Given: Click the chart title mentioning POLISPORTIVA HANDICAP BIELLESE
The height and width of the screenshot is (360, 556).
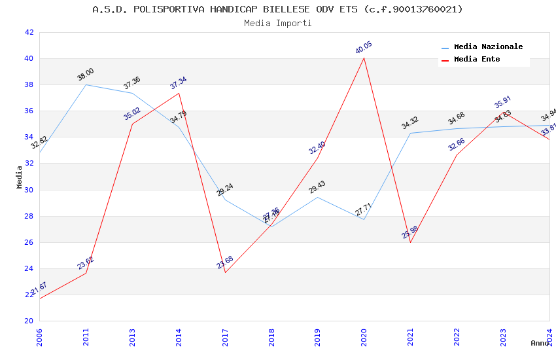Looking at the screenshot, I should click(x=277, y=9).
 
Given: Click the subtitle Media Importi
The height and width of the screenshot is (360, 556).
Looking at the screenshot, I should click(x=277, y=24).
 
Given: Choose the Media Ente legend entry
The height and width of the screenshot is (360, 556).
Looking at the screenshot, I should click(x=477, y=60).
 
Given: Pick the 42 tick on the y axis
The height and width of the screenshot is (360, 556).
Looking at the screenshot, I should click(x=29, y=33).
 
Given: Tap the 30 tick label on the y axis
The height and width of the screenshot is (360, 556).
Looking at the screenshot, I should click(x=29, y=190).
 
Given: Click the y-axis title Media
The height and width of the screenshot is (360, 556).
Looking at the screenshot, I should click(x=20, y=177).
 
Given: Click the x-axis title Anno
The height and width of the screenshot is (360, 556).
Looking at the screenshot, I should click(x=539, y=343).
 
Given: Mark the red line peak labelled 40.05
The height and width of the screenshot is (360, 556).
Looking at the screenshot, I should click(x=364, y=58).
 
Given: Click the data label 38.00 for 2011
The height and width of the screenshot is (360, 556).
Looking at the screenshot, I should click(x=86, y=75).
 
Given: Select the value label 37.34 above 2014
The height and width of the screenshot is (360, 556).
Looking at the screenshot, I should click(x=178, y=83).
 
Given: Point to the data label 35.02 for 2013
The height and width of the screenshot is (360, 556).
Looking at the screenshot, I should click(x=132, y=114).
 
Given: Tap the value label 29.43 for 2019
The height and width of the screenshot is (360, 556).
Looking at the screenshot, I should click(x=317, y=188).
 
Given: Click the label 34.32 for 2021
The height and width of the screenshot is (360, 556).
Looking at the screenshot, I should click(x=410, y=123).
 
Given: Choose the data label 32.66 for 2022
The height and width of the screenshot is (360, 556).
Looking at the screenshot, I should click(x=457, y=145).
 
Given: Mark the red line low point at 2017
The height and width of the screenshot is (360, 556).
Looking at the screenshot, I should click(x=225, y=272).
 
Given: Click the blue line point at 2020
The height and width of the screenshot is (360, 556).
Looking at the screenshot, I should click(x=364, y=219).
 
